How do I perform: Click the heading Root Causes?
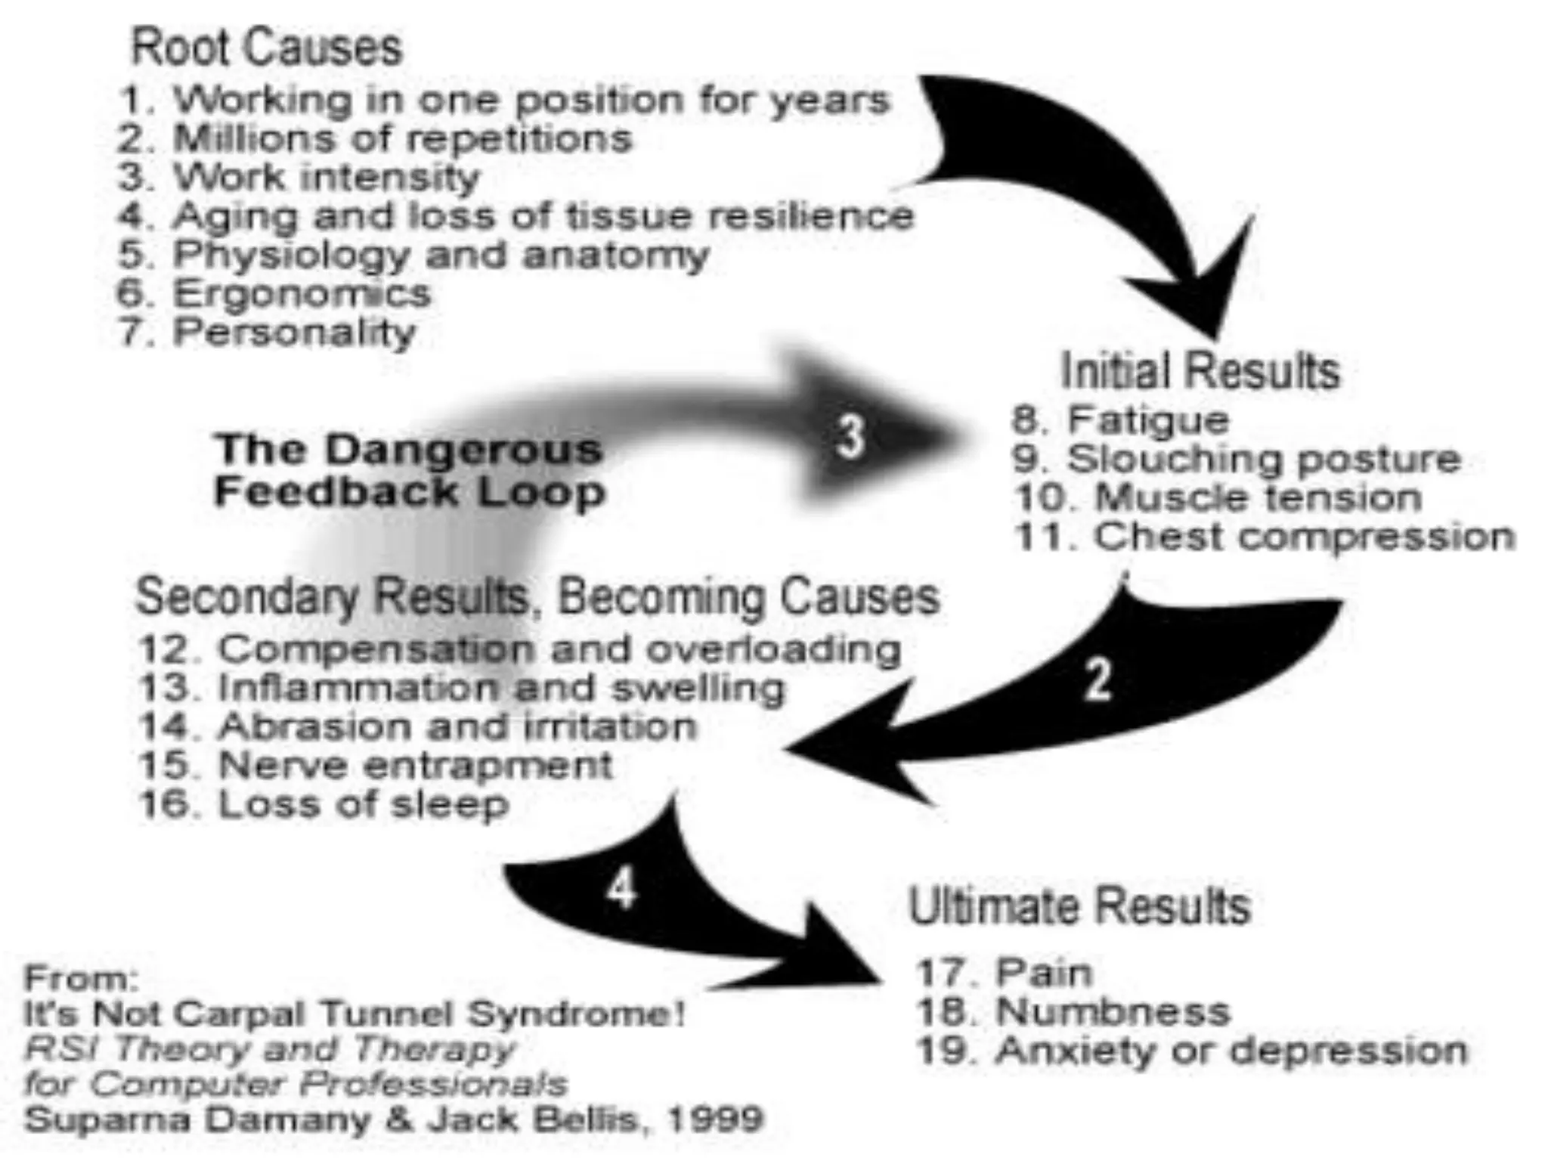266,48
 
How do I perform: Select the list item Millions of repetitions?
402,139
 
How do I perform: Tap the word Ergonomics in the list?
302,293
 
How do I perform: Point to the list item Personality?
295,333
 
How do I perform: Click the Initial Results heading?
1200,370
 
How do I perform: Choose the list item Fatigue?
1148,420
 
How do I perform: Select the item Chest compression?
1305,537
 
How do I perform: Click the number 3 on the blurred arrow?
850,436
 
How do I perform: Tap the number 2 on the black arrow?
1098,680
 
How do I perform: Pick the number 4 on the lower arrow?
621,888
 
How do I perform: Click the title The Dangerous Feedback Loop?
410,470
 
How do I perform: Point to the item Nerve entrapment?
415,765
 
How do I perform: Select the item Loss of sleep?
363,804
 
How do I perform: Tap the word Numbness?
1113,1011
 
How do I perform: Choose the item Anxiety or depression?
1231,1051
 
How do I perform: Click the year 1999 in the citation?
714,1119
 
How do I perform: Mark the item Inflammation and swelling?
501,688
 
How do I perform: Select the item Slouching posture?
1263,459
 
